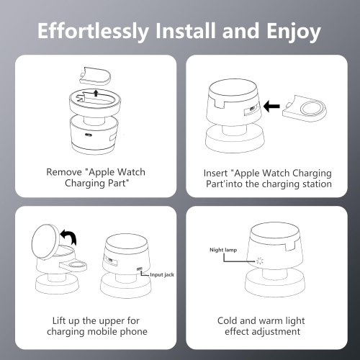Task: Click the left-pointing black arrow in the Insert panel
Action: click(271, 107)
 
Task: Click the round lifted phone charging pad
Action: click(49, 240)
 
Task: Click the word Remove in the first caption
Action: click(63, 173)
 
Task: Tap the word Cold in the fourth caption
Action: click(229, 320)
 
